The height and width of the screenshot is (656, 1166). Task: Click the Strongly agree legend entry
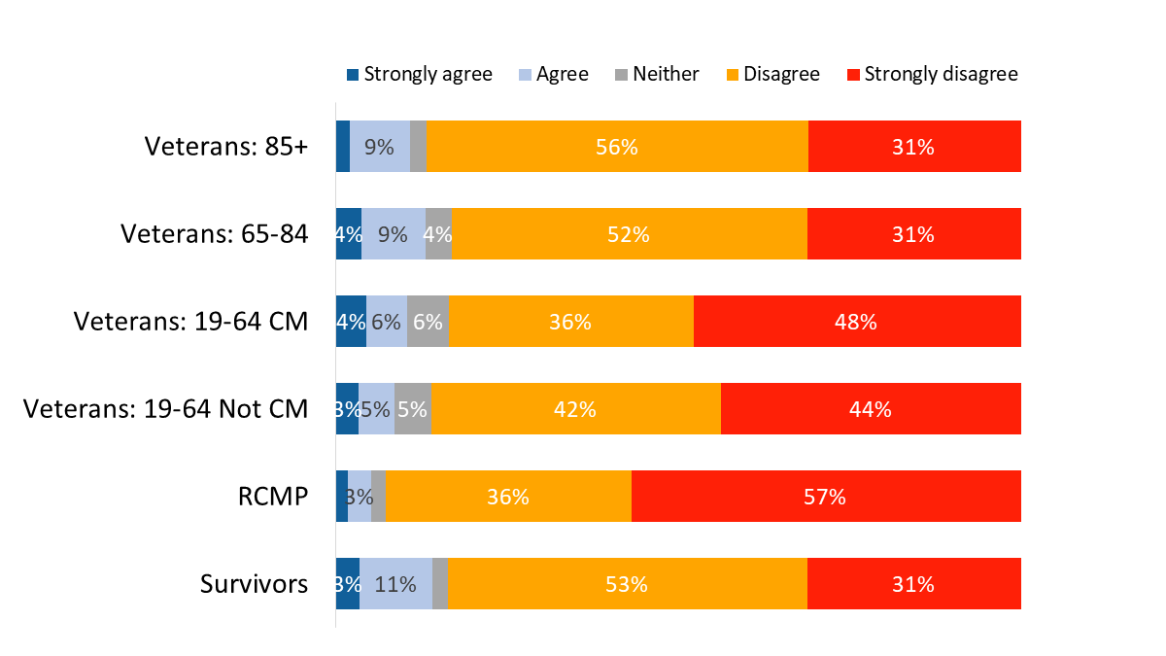click(x=420, y=75)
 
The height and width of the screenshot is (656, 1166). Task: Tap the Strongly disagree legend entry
click(x=933, y=75)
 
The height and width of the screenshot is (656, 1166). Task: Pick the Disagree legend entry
click(x=772, y=75)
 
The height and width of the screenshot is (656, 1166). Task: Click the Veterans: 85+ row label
click(x=226, y=147)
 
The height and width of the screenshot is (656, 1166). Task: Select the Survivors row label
click(x=255, y=584)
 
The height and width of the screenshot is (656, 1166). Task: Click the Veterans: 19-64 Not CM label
click(x=166, y=409)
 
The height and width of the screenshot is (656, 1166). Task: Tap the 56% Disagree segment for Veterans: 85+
click(x=617, y=147)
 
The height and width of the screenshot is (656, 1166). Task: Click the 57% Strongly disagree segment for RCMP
click(x=826, y=497)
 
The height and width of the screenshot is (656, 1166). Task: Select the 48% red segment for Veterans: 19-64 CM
click(x=857, y=322)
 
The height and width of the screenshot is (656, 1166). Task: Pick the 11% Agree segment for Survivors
click(x=395, y=584)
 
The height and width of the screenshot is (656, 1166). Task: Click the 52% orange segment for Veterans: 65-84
click(x=630, y=234)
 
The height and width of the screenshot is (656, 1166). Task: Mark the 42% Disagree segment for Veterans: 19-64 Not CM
click(x=575, y=409)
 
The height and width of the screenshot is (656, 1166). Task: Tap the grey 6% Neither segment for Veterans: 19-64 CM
click(x=428, y=322)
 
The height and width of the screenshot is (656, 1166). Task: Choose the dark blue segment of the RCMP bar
click(x=342, y=497)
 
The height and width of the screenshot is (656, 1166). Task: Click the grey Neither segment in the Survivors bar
click(x=440, y=584)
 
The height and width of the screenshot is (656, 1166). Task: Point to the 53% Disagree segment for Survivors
click(x=628, y=584)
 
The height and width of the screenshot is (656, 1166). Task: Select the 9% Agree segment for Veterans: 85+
click(x=379, y=147)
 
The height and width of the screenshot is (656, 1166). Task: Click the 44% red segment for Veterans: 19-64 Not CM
click(x=871, y=409)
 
